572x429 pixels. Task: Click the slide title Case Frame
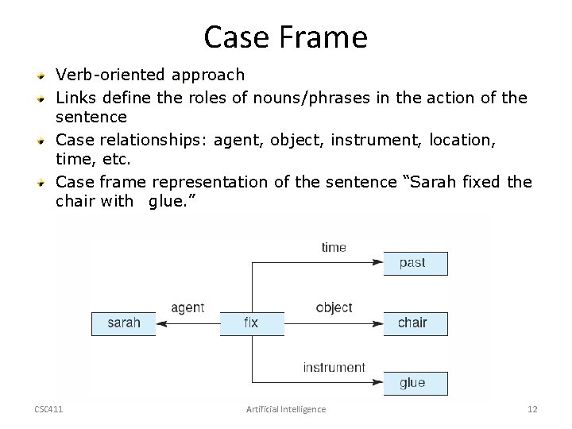pos(285,36)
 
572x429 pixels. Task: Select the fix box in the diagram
pos(250,323)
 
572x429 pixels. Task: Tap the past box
pos(414,263)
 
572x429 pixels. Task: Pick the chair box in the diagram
pos(414,323)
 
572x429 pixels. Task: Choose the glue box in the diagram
pos(414,384)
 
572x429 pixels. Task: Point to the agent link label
pos(187,307)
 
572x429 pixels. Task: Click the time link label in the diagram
pos(334,247)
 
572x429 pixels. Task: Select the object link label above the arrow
pos(334,307)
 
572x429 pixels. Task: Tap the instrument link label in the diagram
pos(334,367)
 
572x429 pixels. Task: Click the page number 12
pos(532,409)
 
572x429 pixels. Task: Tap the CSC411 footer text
pos(49,409)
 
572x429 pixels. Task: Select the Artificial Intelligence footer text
pos(285,409)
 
